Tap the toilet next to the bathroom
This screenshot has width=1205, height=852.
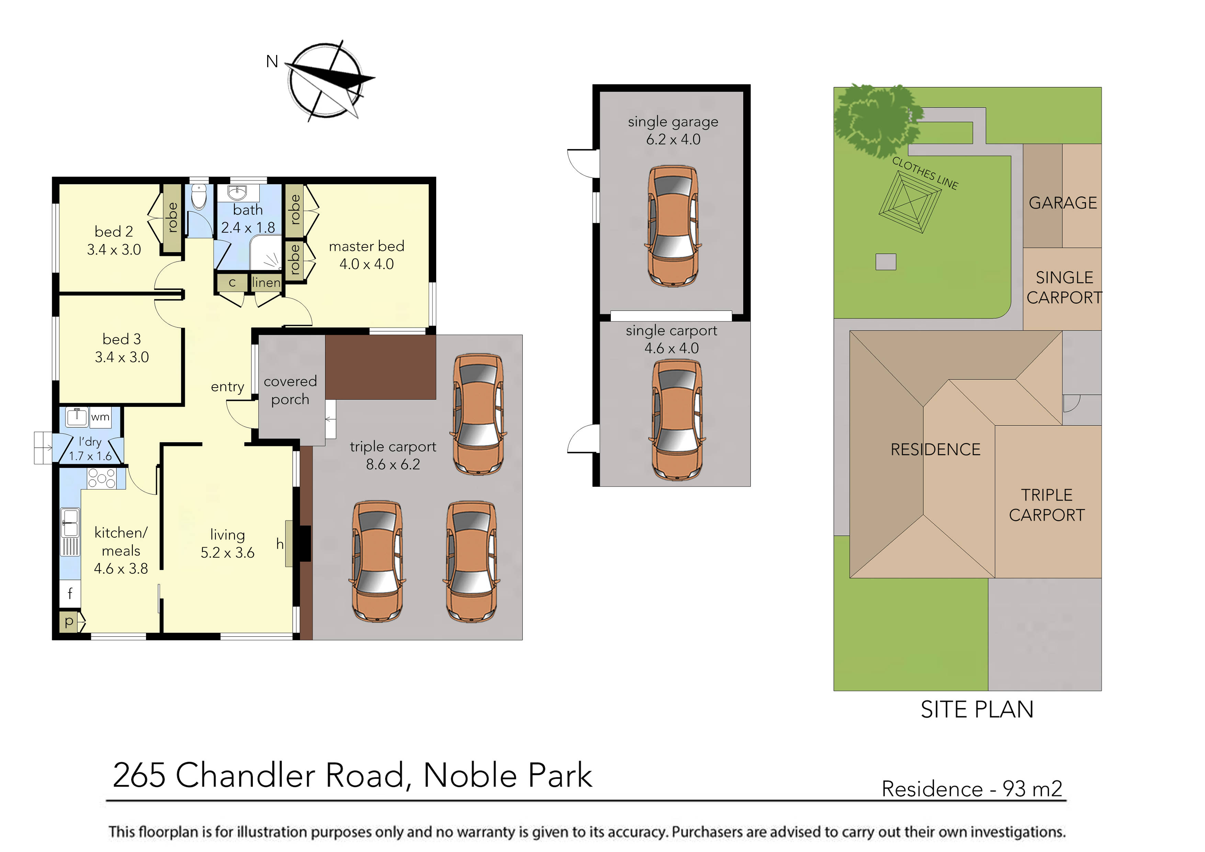(x=199, y=198)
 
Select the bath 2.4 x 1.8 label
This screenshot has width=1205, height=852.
(x=248, y=219)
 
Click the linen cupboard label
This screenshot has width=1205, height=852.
(x=266, y=282)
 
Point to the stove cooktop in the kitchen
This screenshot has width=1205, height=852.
(x=101, y=478)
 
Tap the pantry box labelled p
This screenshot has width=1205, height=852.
(x=69, y=621)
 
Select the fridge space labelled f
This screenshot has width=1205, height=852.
(x=70, y=593)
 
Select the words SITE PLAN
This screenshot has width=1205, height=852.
(x=977, y=710)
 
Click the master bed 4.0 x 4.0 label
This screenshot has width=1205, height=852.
(x=366, y=255)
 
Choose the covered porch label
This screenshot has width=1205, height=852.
(x=290, y=390)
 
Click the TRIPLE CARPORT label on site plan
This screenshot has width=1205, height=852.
(x=1047, y=505)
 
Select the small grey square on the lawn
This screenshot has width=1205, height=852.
(x=886, y=261)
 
